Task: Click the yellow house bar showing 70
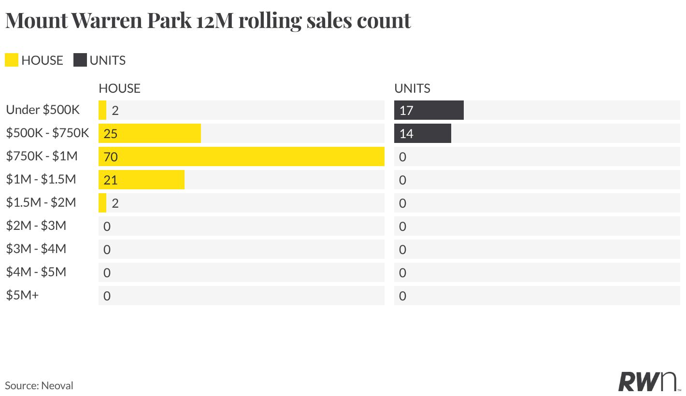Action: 242,156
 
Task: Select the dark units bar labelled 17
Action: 429,110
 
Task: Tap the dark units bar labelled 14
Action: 423,133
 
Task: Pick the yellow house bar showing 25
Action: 150,133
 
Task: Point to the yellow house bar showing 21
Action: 142,180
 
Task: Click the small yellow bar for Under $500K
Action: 102,110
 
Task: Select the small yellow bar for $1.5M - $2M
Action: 102,203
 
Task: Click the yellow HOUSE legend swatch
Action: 12,60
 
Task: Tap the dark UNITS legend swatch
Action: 80,60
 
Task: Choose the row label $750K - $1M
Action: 42,156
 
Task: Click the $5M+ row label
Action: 22,296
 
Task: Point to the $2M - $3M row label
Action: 36,226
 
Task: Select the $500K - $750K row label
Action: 47,133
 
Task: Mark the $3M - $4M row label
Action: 36,249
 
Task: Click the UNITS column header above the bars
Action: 412,88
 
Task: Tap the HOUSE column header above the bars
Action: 119,88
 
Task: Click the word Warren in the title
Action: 107,21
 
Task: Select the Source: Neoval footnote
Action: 39,385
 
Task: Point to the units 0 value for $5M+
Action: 403,296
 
